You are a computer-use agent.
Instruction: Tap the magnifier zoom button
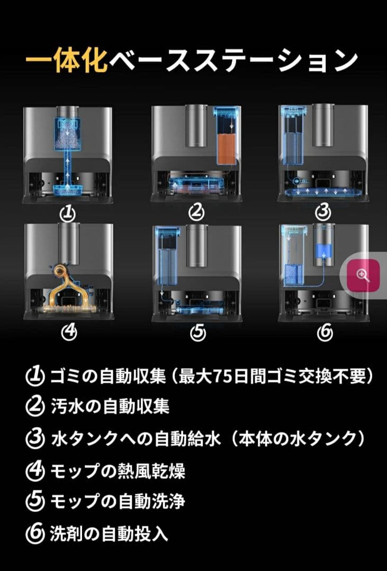pos(363,275)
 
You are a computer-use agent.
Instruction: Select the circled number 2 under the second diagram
pos(197,213)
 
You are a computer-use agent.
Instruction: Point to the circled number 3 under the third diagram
pos(323,213)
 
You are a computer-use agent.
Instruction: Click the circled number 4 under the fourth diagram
pos(69,332)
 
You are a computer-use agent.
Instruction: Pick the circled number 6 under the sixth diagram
pos(324,332)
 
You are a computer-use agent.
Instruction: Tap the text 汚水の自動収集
pos(110,407)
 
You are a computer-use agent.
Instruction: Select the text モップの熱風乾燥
pos(118,470)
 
